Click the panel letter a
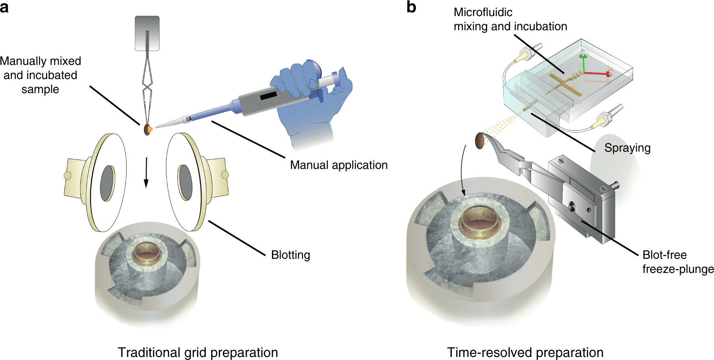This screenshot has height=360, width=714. tap(4, 7)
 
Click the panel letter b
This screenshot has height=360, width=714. tap(411, 7)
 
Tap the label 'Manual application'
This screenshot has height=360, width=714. tap(338, 165)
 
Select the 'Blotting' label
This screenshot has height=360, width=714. tap(291, 255)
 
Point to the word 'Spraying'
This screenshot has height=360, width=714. tap(627, 148)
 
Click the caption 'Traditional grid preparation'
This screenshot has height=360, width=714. tap(197, 352)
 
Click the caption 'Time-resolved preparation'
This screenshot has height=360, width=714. tap(525, 352)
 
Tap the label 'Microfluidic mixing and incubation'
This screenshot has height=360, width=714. tap(510, 19)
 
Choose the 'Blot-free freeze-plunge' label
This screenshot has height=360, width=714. tap(678, 262)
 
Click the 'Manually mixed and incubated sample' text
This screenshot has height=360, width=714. tap(40, 75)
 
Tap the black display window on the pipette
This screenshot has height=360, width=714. tap(268, 96)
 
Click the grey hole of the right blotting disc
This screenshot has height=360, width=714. tap(185, 182)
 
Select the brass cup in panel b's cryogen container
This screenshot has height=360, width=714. tap(480, 220)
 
